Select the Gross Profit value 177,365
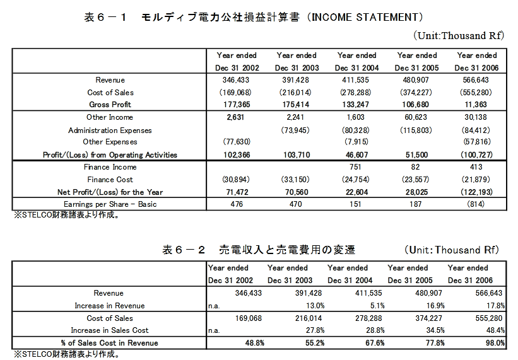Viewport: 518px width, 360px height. coord(233,105)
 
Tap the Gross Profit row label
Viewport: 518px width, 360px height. coord(110,105)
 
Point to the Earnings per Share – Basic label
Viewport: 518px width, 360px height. coord(110,204)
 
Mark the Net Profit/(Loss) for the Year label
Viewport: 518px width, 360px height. coord(110,192)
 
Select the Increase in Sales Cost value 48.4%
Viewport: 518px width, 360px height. coord(494,331)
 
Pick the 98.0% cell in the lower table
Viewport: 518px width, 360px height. coord(494,343)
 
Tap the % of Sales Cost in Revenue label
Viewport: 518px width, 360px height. coord(110,343)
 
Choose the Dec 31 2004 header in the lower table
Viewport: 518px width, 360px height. coord(350,281)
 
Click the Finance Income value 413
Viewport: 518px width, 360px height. coord(477,167)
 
